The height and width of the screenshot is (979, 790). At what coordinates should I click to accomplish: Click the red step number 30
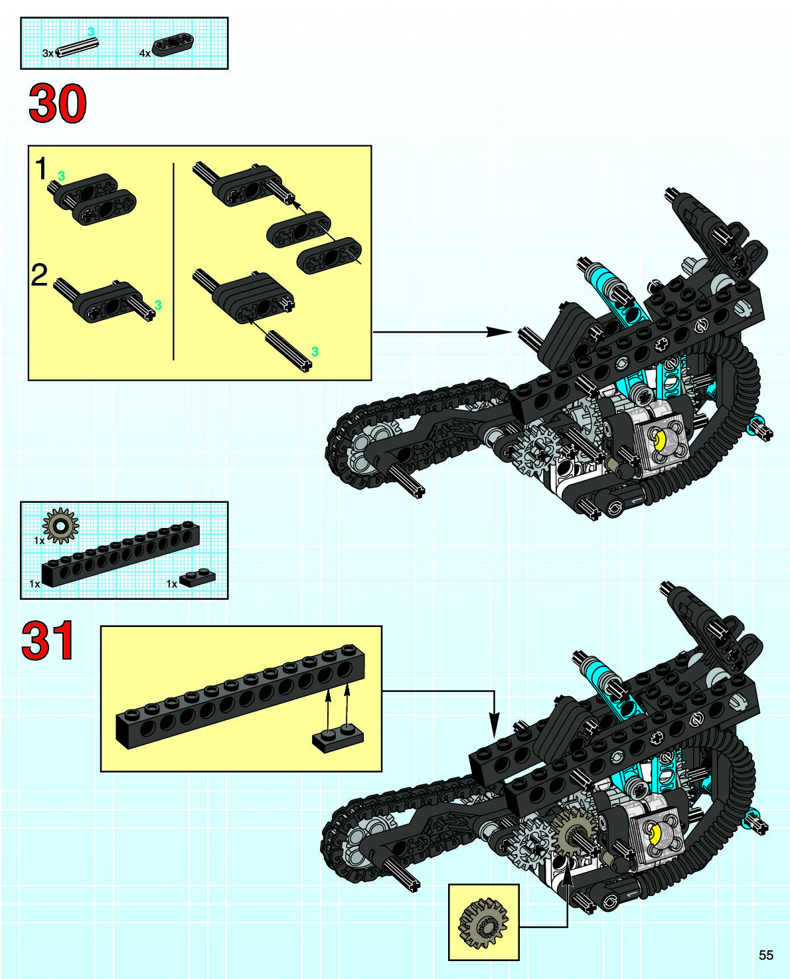point(58,104)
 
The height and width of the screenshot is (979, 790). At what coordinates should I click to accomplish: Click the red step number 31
point(48,641)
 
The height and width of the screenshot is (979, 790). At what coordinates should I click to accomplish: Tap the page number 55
point(765,955)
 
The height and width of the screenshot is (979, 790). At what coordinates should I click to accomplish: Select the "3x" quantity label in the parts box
point(48,53)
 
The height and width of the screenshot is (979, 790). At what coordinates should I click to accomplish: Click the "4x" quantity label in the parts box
point(145,53)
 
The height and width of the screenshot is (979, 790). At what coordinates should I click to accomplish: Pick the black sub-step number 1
point(41,169)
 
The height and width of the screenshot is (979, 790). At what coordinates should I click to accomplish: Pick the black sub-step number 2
point(40,275)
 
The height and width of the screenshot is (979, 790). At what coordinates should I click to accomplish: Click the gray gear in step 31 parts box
point(60,526)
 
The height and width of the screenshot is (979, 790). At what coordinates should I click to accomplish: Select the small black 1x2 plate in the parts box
point(198,577)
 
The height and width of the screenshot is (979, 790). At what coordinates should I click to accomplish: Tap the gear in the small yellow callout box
point(483,923)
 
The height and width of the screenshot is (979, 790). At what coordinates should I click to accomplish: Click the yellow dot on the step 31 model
point(655,834)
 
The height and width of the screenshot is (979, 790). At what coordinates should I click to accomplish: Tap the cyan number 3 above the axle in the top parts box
point(91,31)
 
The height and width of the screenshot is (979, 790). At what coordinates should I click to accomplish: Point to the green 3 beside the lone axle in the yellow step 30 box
point(315,351)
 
